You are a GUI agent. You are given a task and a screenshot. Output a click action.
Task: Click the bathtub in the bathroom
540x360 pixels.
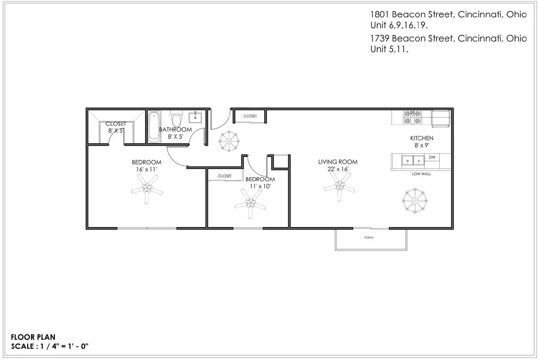(x=154, y=127)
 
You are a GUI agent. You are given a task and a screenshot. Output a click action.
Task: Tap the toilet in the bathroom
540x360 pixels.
(x=177, y=118)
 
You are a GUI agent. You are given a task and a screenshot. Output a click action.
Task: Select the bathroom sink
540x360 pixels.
(x=195, y=117)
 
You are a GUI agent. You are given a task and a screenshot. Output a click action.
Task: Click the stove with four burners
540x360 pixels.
(x=412, y=117)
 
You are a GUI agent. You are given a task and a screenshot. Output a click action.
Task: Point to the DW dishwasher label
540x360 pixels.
(x=432, y=157)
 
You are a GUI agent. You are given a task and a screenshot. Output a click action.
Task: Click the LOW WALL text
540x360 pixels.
(x=422, y=174)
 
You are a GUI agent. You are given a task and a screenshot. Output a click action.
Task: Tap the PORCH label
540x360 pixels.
(x=369, y=238)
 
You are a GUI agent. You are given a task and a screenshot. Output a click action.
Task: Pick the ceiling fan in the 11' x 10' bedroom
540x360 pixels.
(x=250, y=203)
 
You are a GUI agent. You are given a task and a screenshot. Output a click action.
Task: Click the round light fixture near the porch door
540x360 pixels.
(x=415, y=201)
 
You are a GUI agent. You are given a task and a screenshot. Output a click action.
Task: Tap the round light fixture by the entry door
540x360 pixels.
(x=229, y=141)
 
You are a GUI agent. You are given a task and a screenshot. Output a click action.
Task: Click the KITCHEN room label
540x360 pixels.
(x=422, y=138)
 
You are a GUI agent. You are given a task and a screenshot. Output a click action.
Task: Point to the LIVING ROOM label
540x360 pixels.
(x=338, y=162)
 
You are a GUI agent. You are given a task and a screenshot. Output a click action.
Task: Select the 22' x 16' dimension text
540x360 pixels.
(x=338, y=169)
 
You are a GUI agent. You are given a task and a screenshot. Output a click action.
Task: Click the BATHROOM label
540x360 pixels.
(x=175, y=130)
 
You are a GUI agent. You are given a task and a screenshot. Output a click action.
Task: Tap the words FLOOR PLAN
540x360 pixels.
(x=33, y=337)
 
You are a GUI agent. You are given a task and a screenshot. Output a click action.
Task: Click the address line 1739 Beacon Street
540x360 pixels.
(x=449, y=38)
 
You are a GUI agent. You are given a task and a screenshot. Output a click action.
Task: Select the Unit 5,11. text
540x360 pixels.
(x=389, y=49)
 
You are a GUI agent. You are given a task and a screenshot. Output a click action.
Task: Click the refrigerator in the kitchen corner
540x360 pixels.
(x=441, y=118)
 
